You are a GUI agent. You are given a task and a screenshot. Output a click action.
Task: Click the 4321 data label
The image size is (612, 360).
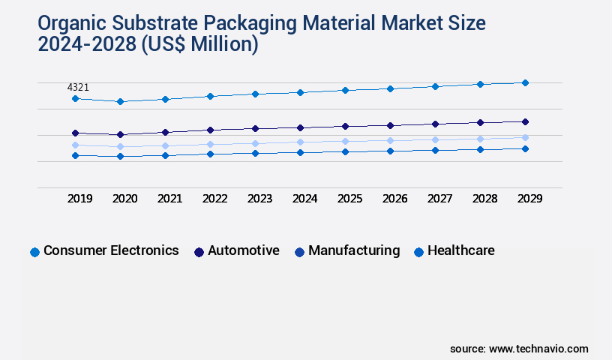tap(79, 88)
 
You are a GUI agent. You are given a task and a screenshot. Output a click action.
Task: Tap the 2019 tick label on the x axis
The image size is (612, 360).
tap(80, 199)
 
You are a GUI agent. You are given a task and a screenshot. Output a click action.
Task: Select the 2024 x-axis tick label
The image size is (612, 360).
tap(305, 199)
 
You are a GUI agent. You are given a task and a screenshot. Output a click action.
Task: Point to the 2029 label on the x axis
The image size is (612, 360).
tap(529, 199)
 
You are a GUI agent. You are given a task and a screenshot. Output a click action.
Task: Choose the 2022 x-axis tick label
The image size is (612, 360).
tap(215, 199)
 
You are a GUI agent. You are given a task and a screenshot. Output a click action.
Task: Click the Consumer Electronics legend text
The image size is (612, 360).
tap(111, 250)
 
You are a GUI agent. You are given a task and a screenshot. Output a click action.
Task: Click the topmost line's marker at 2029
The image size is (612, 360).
tap(525, 82)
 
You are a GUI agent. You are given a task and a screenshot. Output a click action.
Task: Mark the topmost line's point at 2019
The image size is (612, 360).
tap(75, 98)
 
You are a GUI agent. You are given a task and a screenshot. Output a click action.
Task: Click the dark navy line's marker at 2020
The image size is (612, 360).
tap(120, 135)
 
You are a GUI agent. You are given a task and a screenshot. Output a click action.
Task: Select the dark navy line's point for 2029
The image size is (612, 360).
tap(525, 121)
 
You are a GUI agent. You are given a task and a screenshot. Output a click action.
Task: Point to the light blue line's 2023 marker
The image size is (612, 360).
tap(255, 143)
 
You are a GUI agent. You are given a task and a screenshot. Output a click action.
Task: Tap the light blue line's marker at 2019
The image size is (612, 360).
tap(75, 145)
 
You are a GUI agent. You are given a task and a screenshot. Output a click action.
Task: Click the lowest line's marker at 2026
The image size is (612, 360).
tap(390, 151)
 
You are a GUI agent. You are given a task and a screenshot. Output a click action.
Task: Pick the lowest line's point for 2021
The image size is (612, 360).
tap(165, 155)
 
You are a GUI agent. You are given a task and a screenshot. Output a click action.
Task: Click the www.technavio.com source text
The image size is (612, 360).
tap(538, 349)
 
